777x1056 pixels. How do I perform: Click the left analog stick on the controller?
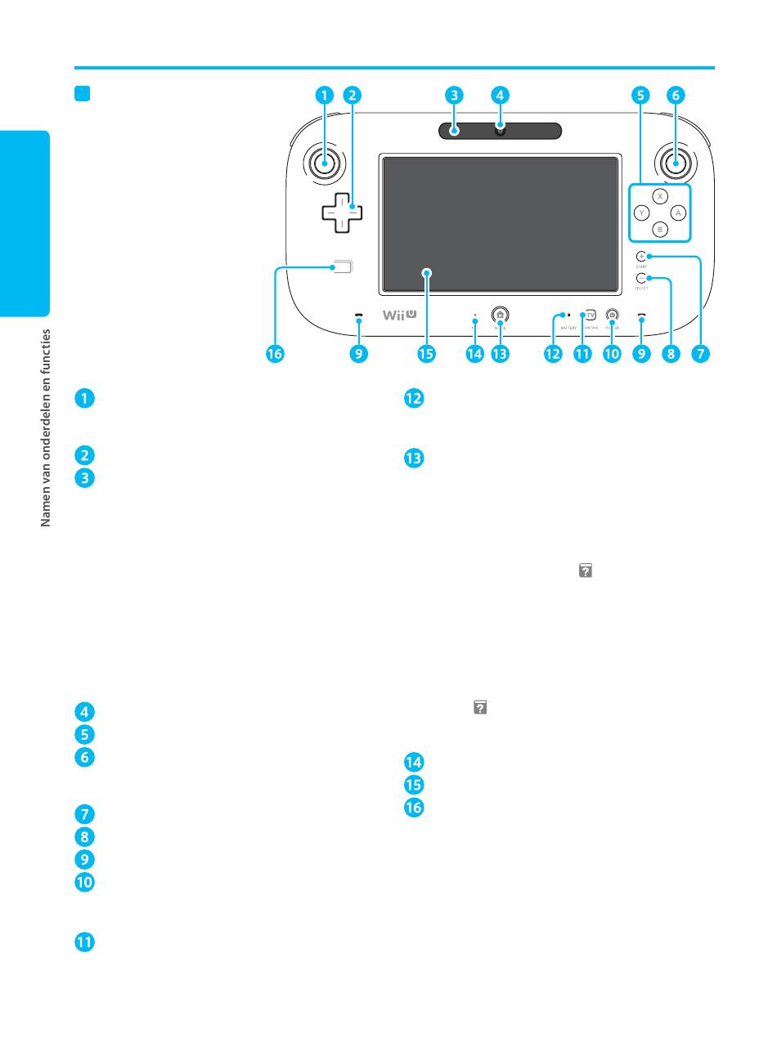[325, 163]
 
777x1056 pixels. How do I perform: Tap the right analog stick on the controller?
[675, 163]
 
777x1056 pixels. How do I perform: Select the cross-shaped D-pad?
[341, 213]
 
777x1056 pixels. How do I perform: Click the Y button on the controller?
[642, 213]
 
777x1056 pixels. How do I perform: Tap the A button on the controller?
[677, 213]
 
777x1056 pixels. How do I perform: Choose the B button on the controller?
[660, 230]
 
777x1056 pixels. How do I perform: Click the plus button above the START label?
[642, 257]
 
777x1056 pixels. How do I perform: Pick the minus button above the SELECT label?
[642, 279]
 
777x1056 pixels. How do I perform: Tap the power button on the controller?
[612, 315]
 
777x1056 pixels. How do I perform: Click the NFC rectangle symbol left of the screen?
[344, 266]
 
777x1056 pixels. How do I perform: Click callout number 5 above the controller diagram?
[641, 95]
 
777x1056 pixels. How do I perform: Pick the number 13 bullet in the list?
[413, 459]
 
